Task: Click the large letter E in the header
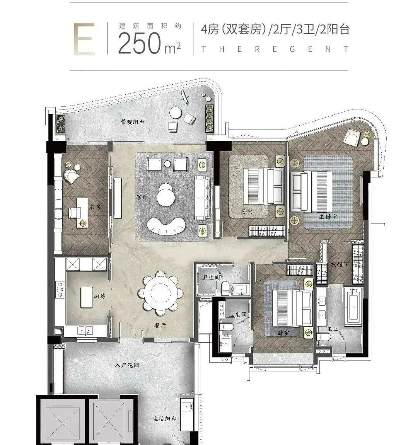coord(84,39)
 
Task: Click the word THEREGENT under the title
coord(275,49)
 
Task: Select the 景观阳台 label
coord(133,121)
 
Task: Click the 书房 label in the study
coord(95,207)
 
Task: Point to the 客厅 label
coord(142,197)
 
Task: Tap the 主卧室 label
coord(328,217)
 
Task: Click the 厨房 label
coord(99,296)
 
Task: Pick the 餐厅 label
coord(160,326)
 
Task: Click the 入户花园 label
coord(127,365)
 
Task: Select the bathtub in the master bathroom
coord(353,306)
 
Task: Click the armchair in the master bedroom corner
coord(353,138)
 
